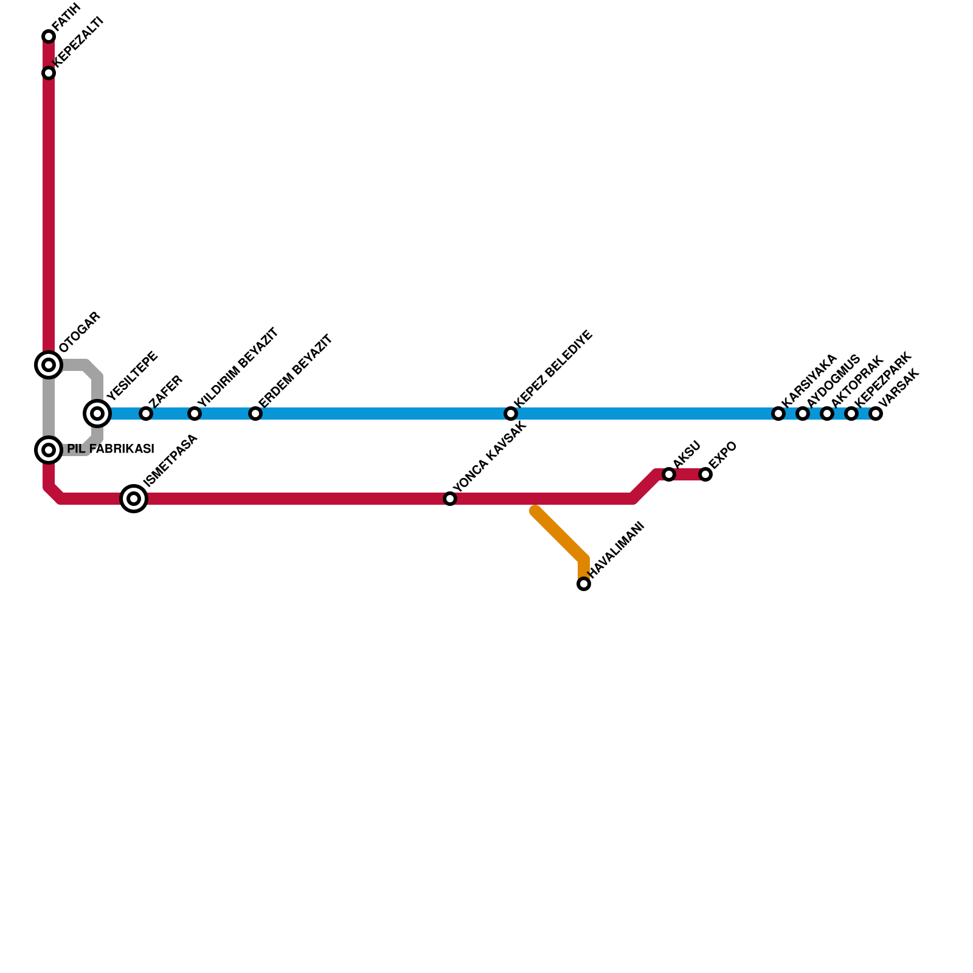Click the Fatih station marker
pyautogui.click(x=49, y=36)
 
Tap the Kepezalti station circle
pyautogui.click(x=49, y=73)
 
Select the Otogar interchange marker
pyautogui.click(x=49, y=365)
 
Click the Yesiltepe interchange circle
pyautogui.click(x=97, y=414)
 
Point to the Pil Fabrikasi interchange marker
pyautogui.click(x=49, y=450)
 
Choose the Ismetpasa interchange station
pyautogui.click(x=134, y=499)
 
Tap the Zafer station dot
pyautogui.click(x=146, y=414)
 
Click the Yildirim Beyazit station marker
pyautogui.click(x=195, y=414)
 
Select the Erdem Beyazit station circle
pyautogui.click(x=255, y=414)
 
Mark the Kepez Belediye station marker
pyautogui.click(x=511, y=414)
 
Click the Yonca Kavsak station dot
pyautogui.click(x=450, y=499)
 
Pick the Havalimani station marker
pyautogui.click(x=584, y=584)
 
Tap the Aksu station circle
pyautogui.click(x=669, y=474)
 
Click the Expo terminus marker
pyautogui.click(x=705, y=474)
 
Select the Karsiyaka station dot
pyautogui.click(x=778, y=414)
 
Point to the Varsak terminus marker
pyautogui.click(x=876, y=414)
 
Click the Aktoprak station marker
pyautogui.click(x=827, y=414)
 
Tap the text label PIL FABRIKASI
pyautogui.click(x=110, y=449)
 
